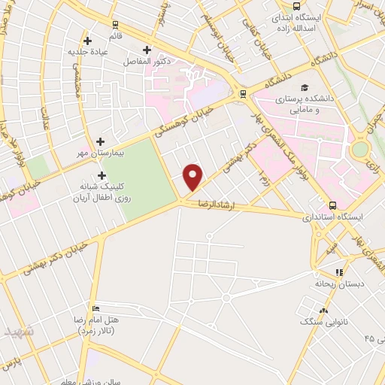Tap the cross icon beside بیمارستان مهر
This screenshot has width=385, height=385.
click(101, 141)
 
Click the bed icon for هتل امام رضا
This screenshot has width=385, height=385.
click(94, 309)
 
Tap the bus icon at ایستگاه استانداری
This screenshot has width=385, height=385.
click(332, 205)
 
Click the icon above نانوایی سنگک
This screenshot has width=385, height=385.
click(324, 310)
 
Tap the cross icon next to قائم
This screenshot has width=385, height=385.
click(88, 40)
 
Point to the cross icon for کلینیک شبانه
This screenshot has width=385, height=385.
click(102, 175)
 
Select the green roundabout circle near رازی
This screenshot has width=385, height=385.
click(361, 149)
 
